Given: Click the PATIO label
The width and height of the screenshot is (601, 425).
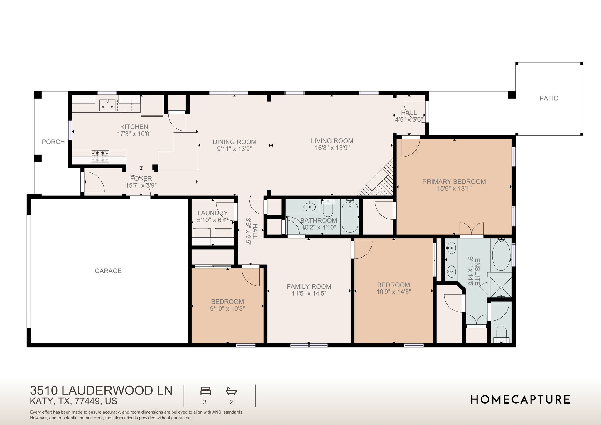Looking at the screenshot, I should pyautogui.click(x=548, y=98).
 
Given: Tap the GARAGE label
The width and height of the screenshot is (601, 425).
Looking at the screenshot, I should pyautogui.click(x=108, y=271).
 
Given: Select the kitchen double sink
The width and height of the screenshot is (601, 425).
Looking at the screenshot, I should pyautogui.click(x=107, y=105).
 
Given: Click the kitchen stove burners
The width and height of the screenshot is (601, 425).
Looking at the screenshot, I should pyautogui.click(x=100, y=156).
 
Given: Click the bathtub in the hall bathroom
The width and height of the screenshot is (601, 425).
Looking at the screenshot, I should pyautogui.click(x=350, y=216).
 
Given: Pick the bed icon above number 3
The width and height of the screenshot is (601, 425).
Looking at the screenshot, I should pyautogui.click(x=205, y=391).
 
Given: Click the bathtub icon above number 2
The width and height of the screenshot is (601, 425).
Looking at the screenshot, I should pyautogui.click(x=231, y=391).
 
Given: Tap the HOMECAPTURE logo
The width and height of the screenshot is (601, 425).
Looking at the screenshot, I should pyautogui.click(x=520, y=399).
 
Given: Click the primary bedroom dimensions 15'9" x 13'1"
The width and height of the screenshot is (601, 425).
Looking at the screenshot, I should pyautogui.click(x=454, y=189).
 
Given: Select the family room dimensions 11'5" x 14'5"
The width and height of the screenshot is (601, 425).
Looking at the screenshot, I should pyautogui.click(x=309, y=294).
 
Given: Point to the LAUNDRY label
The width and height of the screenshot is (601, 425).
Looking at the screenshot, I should pyautogui.click(x=212, y=213).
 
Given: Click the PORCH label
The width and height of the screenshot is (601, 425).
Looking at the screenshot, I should pyautogui.click(x=53, y=142).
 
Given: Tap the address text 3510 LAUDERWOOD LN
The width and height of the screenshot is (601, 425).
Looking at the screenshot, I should pyautogui.click(x=101, y=390).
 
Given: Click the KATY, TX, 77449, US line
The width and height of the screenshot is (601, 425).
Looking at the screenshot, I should pyautogui.click(x=73, y=401).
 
